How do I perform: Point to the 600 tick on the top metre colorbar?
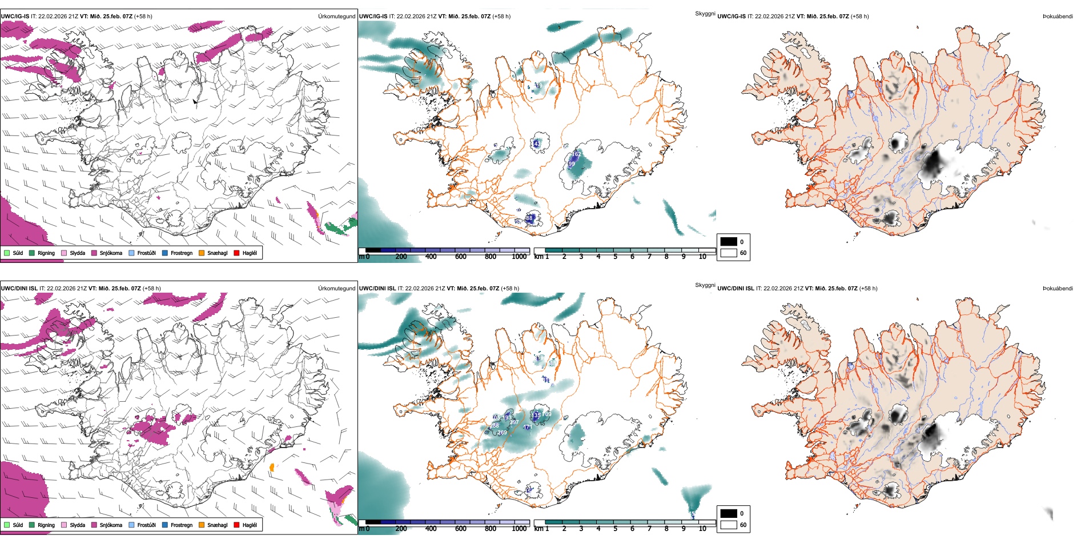(461, 257)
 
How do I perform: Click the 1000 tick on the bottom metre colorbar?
(519, 529)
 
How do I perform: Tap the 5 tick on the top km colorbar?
(615, 257)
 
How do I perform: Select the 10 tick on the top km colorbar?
(702, 257)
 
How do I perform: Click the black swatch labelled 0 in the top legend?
(729, 242)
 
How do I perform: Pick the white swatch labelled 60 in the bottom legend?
(729, 525)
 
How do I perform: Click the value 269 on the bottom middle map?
(502, 433)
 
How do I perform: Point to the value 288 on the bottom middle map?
(495, 426)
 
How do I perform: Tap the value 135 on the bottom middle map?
(536, 416)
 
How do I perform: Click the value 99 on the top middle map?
(572, 164)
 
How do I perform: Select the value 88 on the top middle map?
(529, 218)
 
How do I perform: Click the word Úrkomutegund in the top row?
(336, 17)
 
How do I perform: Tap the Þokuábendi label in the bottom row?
(1058, 289)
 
